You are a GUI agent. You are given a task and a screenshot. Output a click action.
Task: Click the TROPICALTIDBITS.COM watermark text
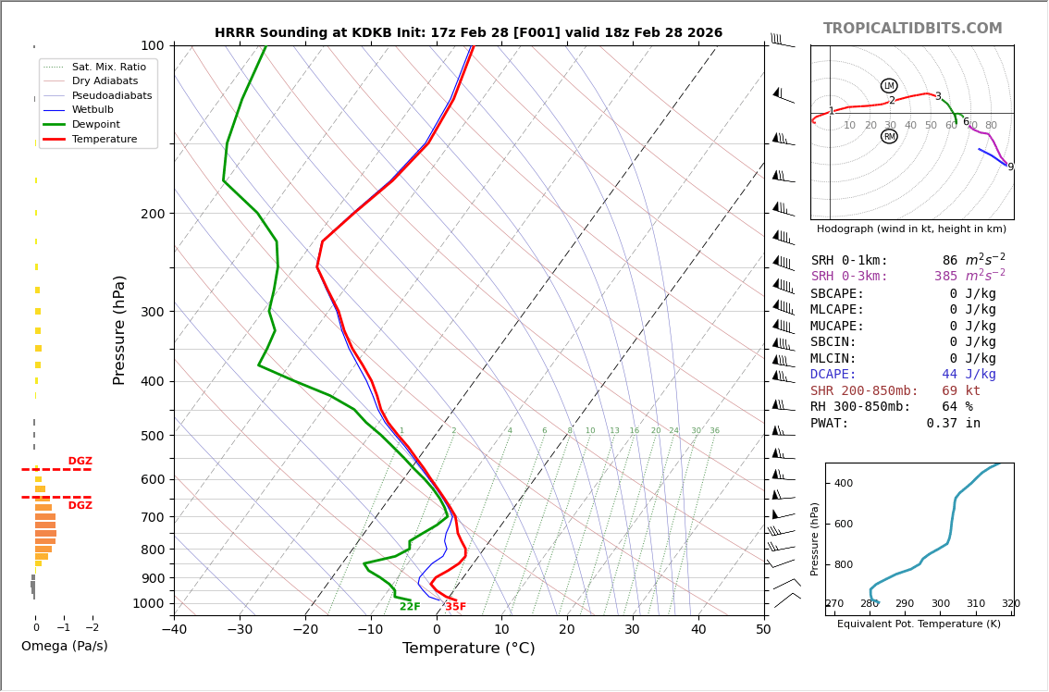[x=912, y=29]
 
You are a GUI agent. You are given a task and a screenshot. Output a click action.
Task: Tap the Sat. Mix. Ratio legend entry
[x=108, y=68]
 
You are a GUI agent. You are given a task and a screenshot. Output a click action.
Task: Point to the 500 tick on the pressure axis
[x=153, y=436]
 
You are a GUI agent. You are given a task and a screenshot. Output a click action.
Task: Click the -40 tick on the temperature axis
[x=174, y=630]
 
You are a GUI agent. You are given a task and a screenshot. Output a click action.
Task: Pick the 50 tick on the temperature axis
[x=763, y=630]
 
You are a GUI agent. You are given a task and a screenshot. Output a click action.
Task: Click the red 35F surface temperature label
[x=455, y=607]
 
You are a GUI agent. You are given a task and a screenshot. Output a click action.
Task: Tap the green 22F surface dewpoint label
[x=410, y=607]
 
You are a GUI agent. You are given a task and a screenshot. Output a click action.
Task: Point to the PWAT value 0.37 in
[x=953, y=424]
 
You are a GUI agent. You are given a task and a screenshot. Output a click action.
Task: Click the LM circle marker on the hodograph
[x=889, y=86]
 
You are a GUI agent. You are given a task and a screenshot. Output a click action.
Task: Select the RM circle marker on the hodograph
[x=889, y=136]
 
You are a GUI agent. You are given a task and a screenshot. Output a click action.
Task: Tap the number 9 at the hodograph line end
[x=1010, y=167]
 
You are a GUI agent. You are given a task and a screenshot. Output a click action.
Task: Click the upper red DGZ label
[x=80, y=462]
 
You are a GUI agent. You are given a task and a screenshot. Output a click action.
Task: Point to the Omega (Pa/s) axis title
[x=64, y=647]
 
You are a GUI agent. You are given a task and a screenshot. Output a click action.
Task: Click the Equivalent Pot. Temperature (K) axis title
[x=919, y=624]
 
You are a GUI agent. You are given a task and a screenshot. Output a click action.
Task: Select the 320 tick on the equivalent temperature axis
[x=1010, y=604]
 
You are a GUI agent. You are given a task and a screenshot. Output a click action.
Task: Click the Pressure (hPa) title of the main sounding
[x=119, y=329]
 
